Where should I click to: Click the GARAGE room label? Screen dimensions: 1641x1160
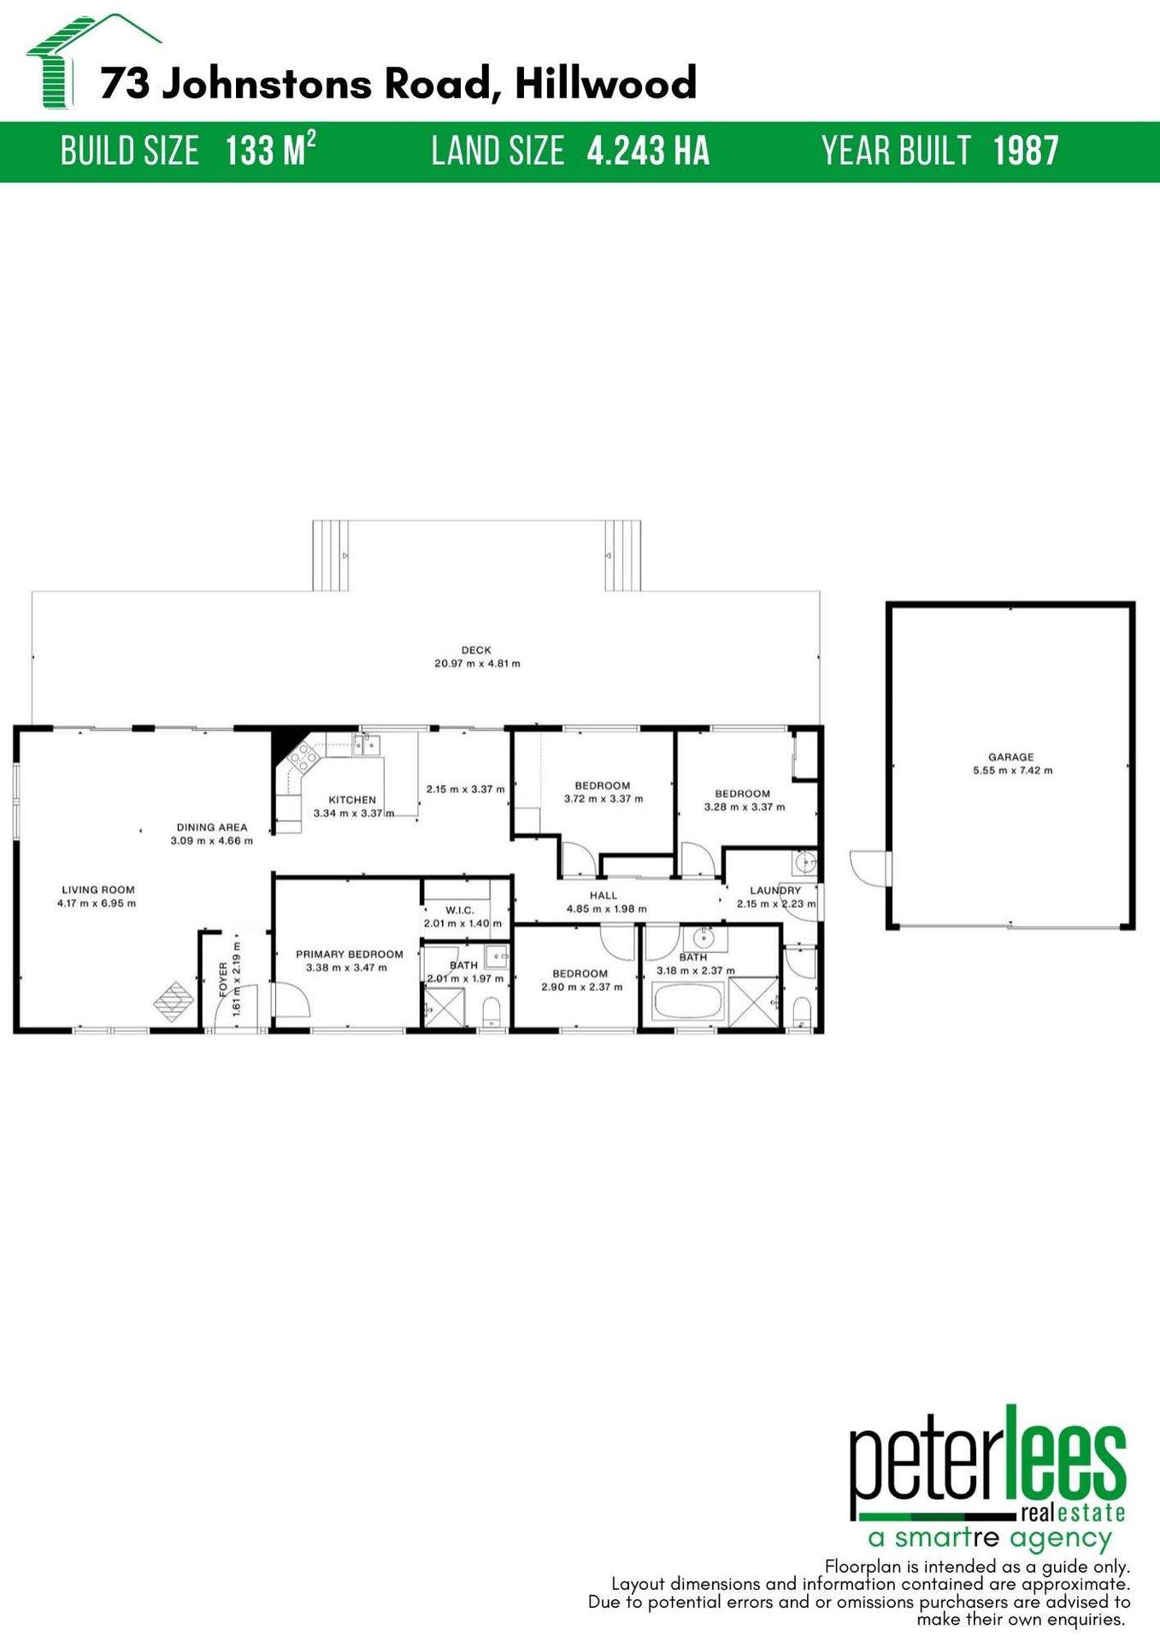coord(1011,756)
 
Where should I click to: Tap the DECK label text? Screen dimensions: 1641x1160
coord(476,650)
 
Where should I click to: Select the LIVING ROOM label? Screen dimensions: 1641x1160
coord(97,890)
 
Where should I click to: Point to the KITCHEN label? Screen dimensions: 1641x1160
coord(352,800)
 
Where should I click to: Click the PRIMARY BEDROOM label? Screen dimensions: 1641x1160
coord(349,954)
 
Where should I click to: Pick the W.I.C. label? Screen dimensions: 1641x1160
coord(460,910)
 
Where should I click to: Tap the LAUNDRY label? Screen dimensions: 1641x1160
coord(775,891)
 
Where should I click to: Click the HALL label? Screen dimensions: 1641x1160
coord(604,896)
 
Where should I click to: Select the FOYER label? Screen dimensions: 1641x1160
coord(224,979)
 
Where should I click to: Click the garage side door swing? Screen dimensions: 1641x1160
coord(865,868)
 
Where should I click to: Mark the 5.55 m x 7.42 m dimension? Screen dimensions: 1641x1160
coord(1012,770)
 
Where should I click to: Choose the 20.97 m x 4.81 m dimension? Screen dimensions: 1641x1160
coord(477,663)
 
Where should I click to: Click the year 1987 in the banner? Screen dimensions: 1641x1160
coord(1026,151)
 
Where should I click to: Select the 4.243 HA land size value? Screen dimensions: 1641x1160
coord(648,151)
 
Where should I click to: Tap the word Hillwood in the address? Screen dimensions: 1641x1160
coord(605,84)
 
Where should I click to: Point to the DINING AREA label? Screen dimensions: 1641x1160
coord(211,827)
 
